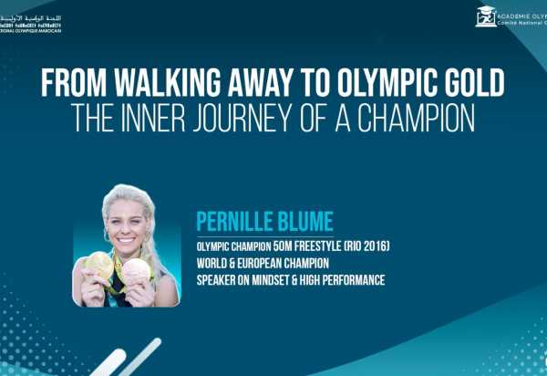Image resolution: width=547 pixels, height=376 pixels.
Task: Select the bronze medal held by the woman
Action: [137, 271]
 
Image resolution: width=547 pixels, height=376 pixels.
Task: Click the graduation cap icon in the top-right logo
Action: [487, 16]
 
